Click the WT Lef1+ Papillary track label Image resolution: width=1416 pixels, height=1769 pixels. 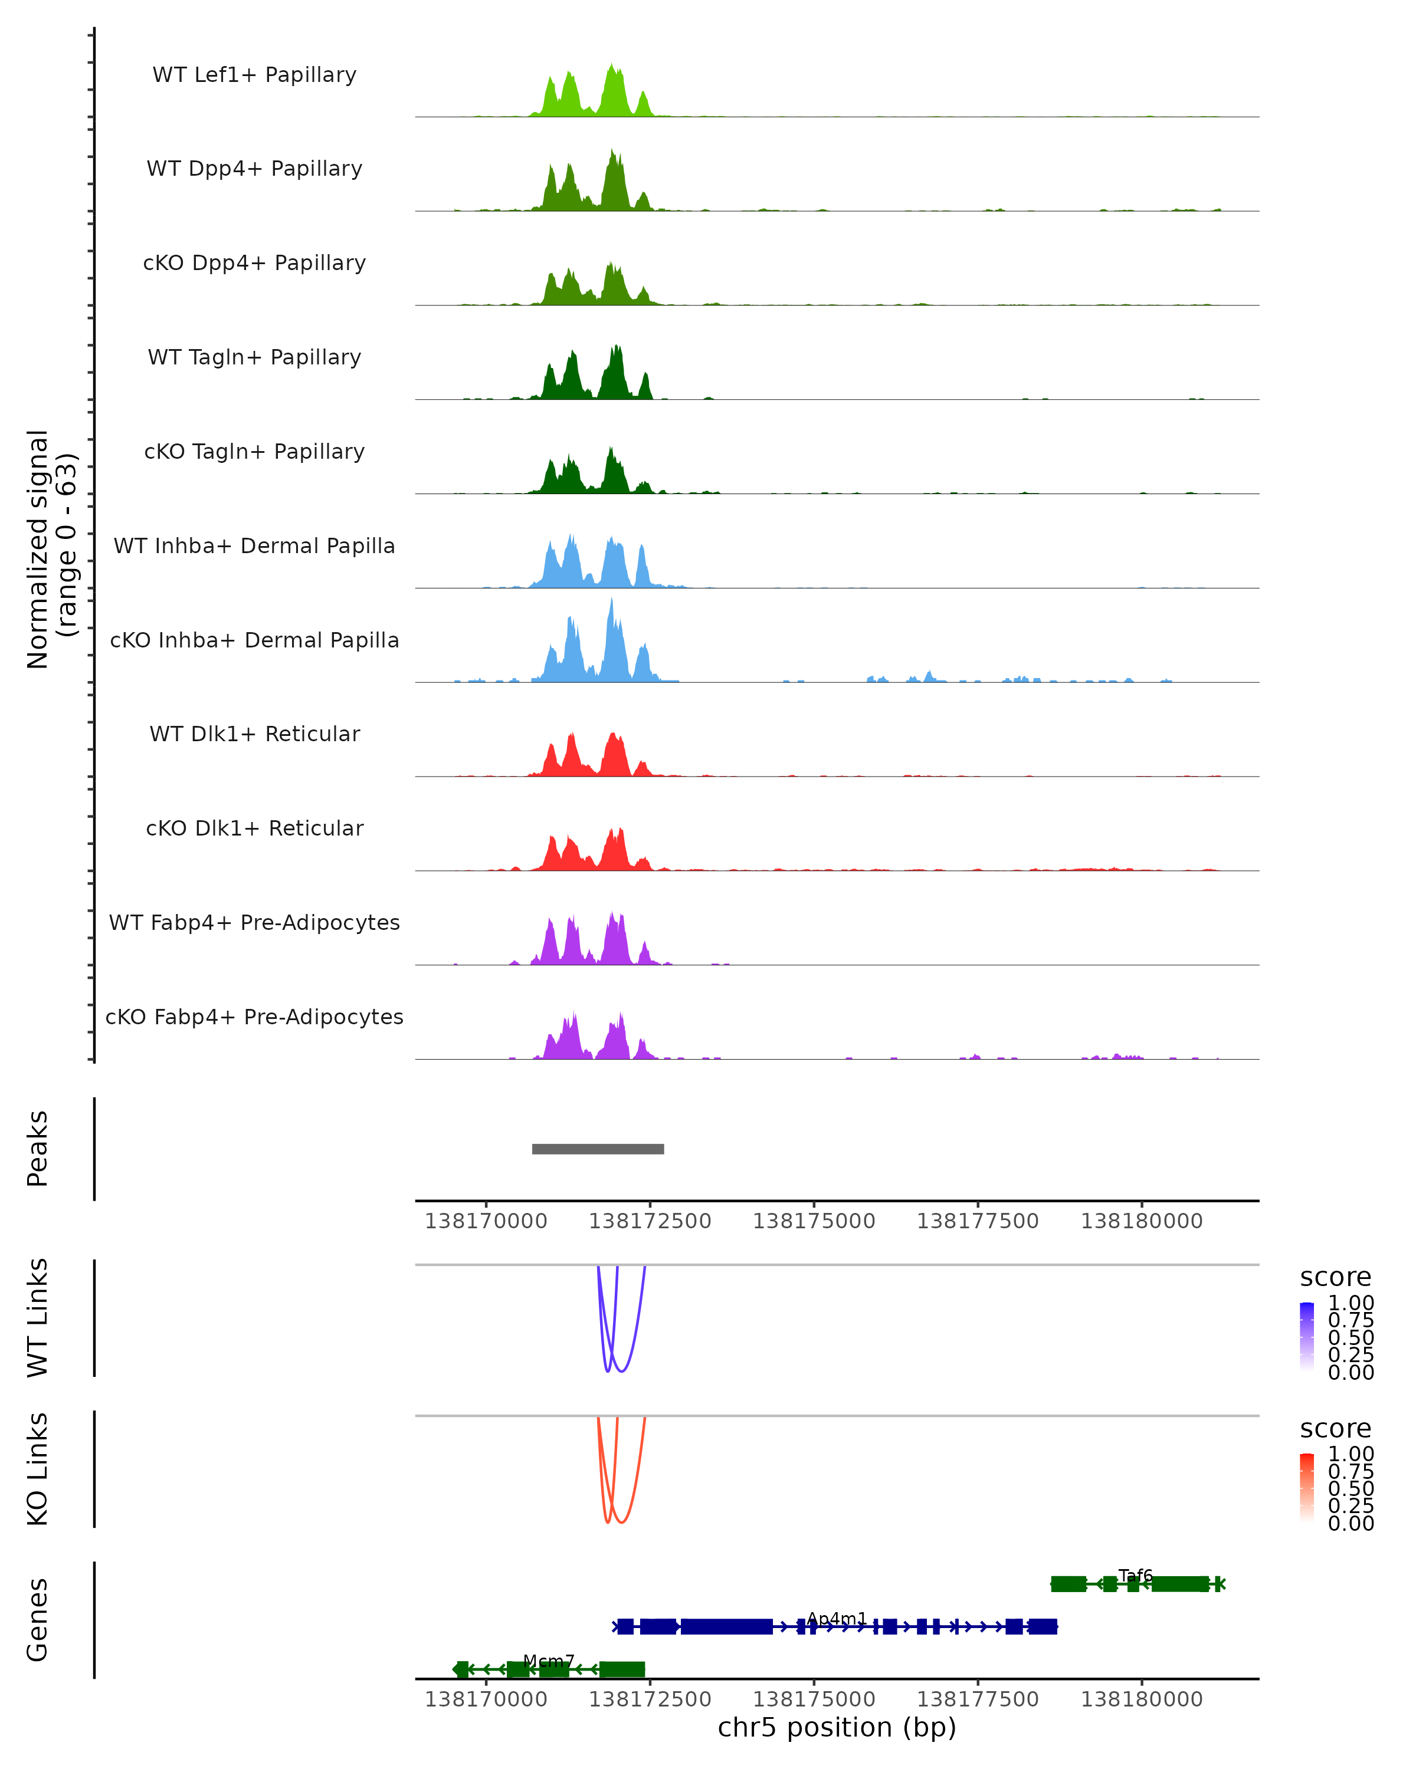click(x=254, y=75)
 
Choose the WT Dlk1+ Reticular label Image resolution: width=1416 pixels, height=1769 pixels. click(x=254, y=734)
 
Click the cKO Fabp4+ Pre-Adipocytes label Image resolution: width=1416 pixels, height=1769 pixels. click(x=254, y=1017)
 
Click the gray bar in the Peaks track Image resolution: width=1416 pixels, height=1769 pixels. click(x=598, y=1149)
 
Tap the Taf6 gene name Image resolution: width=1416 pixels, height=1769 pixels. click(x=1135, y=1576)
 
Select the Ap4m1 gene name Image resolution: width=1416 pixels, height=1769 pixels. click(x=837, y=1618)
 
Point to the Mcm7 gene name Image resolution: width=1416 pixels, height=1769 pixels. click(x=548, y=1661)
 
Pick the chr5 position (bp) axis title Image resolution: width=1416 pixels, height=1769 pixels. click(x=837, y=1727)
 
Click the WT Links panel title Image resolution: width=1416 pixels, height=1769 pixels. click(x=38, y=1318)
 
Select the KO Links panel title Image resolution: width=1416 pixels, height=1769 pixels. click(x=38, y=1469)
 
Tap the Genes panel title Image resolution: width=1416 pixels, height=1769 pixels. click(x=38, y=1620)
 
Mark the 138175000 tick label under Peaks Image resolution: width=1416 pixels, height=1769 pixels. click(x=814, y=1221)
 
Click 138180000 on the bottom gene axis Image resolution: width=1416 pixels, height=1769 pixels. click(x=1141, y=1699)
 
